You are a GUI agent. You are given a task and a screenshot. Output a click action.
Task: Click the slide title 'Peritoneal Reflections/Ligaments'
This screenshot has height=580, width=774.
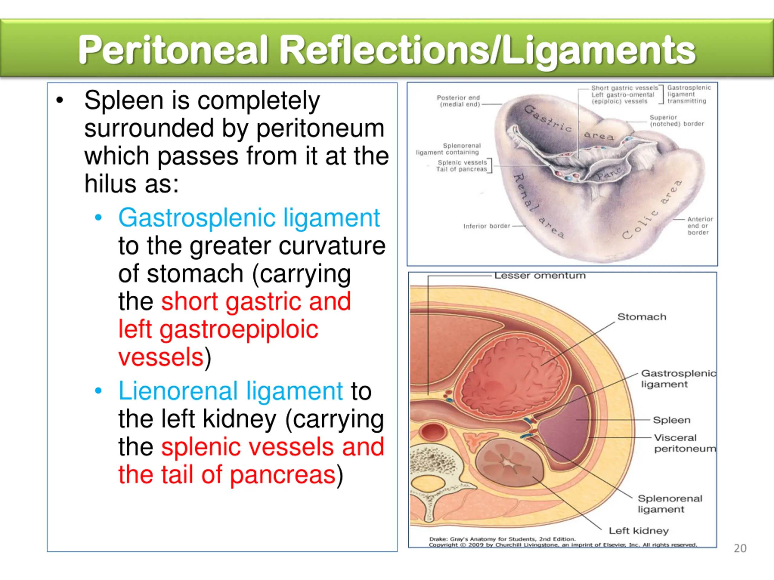click(x=387, y=50)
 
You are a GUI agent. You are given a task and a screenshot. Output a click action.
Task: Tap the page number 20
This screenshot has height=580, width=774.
click(x=740, y=548)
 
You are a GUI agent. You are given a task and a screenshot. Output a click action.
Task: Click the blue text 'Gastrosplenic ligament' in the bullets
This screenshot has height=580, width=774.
click(x=249, y=217)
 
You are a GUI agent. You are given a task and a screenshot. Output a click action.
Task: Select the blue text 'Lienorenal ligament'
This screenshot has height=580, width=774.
click(x=230, y=391)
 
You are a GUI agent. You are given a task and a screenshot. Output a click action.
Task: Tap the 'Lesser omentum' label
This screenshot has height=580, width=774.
click(x=540, y=276)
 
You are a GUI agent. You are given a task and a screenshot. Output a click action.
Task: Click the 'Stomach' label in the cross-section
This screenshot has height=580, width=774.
click(x=642, y=317)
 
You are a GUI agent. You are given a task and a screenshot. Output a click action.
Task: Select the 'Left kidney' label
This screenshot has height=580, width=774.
click(x=639, y=531)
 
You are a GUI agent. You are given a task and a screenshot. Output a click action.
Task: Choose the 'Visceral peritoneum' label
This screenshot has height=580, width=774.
click(x=685, y=443)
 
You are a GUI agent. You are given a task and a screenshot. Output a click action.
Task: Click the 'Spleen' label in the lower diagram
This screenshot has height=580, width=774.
click(x=672, y=420)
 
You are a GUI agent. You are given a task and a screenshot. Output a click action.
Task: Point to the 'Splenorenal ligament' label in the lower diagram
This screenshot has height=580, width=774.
click(x=669, y=504)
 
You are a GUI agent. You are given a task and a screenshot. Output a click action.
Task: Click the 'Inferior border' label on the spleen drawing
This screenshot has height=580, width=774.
click(x=486, y=226)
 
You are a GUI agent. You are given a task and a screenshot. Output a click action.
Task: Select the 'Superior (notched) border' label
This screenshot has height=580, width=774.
click(x=676, y=121)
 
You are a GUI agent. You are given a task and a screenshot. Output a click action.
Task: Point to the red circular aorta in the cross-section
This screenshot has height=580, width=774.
click(x=433, y=432)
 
